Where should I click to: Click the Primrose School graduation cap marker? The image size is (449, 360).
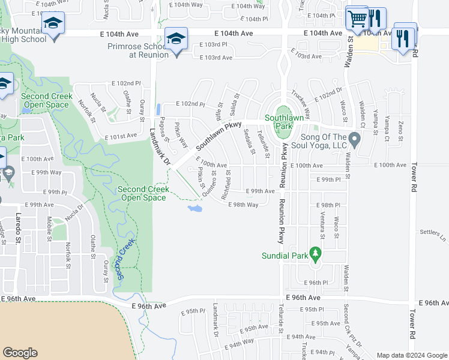(176, 40)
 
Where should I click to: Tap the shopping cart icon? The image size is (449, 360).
(357, 19)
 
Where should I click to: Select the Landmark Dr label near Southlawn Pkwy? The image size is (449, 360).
(160, 147)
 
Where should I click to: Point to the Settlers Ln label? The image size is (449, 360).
(433, 232)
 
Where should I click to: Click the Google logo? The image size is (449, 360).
(20, 353)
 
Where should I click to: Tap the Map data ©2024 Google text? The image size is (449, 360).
(411, 355)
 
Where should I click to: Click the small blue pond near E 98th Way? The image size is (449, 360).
(194, 208)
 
